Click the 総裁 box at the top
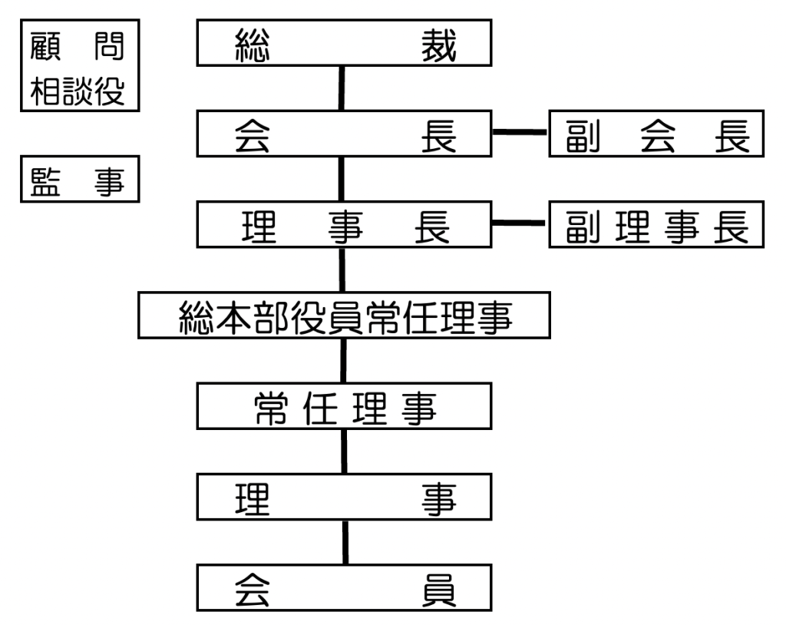tap(344, 43)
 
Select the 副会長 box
tap(656, 134)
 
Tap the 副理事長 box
tap(656, 224)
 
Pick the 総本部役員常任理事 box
tap(344, 315)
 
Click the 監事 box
tap(80, 179)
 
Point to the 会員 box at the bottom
tap(344, 587)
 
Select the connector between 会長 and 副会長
tap(520, 132)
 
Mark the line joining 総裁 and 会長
tap(342, 88)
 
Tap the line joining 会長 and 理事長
tap(342, 179)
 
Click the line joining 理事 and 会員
tap(345, 542)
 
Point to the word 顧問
tap(78, 46)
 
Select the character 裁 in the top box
tap(438, 45)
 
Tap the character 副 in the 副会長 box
tap(583, 136)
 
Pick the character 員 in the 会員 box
tap(438, 590)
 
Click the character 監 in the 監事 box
tap(45, 181)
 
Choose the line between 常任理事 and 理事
tap(344, 451)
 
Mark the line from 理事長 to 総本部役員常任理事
tap(342, 270)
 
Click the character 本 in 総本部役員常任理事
tap(235, 318)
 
